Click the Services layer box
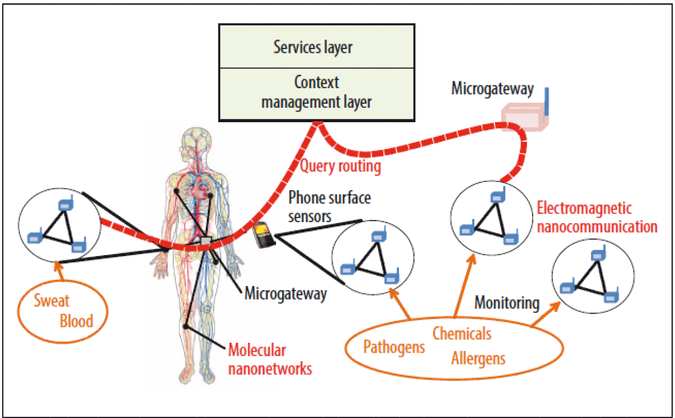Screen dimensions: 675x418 pyautogui.click(x=317, y=46)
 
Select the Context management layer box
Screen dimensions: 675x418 pyautogui.click(x=317, y=94)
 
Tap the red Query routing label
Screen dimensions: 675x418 pyautogui.click(x=340, y=166)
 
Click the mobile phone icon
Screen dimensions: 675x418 pyautogui.click(x=264, y=235)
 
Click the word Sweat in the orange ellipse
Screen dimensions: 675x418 pyautogui.click(x=51, y=300)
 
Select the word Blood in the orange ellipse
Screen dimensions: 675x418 pyautogui.click(x=76, y=321)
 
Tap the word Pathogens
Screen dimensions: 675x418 pyautogui.click(x=394, y=347)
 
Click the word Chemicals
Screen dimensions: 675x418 pyautogui.click(x=462, y=333)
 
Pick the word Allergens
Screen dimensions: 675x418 pyautogui.click(x=478, y=359)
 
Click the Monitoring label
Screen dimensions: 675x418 pyautogui.click(x=507, y=303)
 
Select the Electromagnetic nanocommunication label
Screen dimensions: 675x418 pyautogui.click(x=597, y=217)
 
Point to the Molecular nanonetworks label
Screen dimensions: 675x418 pyautogui.click(x=270, y=359)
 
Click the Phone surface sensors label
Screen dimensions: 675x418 pyautogui.click(x=329, y=206)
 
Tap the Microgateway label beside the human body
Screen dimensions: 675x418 pyautogui.click(x=286, y=294)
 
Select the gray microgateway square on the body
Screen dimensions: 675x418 pyautogui.click(x=206, y=241)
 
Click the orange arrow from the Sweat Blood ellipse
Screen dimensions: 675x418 pyautogui.click(x=59, y=271)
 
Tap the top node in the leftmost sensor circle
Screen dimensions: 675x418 pyautogui.click(x=66, y=204)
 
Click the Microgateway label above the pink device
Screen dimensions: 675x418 pyautogui.click(x=492, y=89)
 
